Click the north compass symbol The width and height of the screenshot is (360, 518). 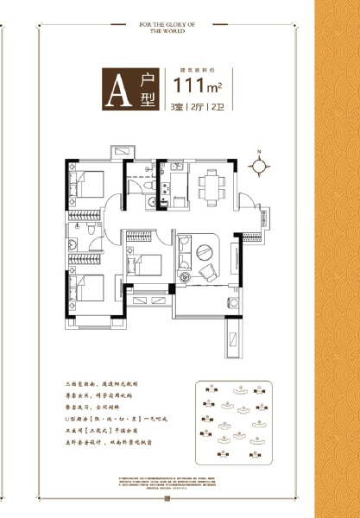tap(257, 163)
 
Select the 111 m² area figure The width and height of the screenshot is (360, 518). tap(199, 84)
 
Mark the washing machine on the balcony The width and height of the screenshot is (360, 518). tap(231, 302)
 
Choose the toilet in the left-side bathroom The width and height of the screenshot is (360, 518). tap(77, 243)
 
